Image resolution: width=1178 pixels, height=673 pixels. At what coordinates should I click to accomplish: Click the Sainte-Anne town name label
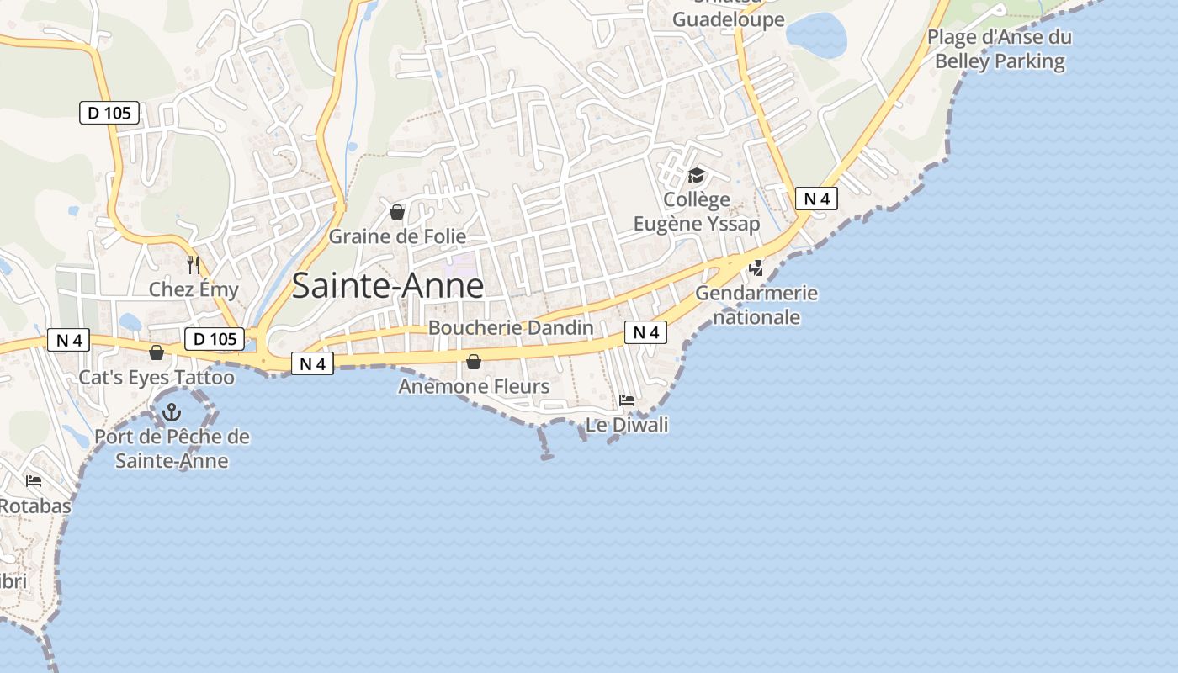[388, 286]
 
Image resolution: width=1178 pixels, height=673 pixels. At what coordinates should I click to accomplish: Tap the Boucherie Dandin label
[511, 327]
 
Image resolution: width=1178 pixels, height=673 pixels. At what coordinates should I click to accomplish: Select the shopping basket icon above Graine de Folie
[397, 211]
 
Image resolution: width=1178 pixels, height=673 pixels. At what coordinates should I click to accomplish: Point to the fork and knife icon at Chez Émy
[194, 265]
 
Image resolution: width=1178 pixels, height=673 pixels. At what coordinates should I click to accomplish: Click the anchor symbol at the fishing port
[172, 412]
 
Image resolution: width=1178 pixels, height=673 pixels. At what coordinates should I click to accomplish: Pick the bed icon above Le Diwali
[627, 400]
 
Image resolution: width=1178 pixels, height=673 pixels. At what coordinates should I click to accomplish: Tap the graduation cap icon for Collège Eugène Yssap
[696, 175]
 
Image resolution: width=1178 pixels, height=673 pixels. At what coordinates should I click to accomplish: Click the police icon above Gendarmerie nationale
[756, 268]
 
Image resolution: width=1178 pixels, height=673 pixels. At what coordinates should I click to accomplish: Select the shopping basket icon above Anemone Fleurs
[474, 362]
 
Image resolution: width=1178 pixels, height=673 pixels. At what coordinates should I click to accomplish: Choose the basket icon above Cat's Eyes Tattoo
[157, 352]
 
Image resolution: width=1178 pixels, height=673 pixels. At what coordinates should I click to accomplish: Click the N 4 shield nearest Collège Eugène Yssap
[816, 199]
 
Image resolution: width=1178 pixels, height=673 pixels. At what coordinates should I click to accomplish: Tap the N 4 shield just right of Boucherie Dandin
[645, 332]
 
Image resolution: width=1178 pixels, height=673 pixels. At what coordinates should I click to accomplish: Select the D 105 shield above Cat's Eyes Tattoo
[215, 339]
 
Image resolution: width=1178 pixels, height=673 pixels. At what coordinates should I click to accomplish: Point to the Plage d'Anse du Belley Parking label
[1000, 49]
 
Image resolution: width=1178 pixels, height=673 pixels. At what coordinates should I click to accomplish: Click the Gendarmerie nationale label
[756, 305]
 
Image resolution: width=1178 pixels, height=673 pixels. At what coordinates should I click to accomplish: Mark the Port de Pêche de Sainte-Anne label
[172, 448]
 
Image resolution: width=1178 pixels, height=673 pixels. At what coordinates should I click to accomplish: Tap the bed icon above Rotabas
[34, 481]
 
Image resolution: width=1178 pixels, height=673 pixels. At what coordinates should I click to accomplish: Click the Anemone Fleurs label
[474, 386]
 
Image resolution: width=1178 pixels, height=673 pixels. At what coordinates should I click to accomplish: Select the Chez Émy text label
[194, 289]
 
